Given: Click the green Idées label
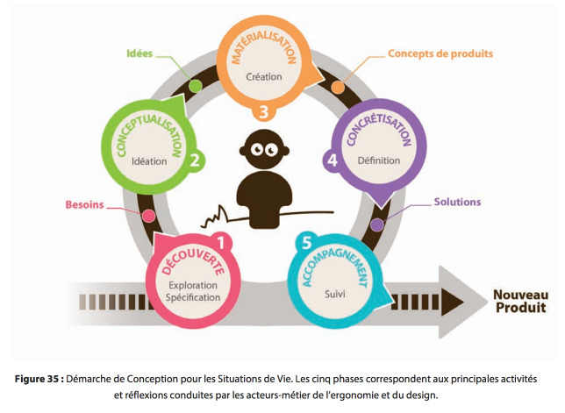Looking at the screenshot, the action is coord(139,53).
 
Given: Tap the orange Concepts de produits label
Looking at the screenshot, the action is coord(440,53).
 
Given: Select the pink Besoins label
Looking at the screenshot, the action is coord(85,204).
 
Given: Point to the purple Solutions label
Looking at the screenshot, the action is coord(457,202).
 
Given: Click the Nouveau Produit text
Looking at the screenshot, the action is coord(520,301).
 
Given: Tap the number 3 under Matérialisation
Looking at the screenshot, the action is coord(264,111).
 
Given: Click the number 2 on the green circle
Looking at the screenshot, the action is coord(195,160).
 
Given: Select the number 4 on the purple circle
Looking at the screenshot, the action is coord(333,160).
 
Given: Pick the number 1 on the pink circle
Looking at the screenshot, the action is coord(221,242).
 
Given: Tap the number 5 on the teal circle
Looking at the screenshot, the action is coord(306,243).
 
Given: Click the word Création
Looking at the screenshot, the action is coord(264,76).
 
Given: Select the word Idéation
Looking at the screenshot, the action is coord(149,161).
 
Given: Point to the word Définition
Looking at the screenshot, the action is coord(379,160).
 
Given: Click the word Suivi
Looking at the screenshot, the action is coord(335,294).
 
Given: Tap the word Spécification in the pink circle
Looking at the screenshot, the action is coord(193,297).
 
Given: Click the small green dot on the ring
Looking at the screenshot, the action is coord(196,86).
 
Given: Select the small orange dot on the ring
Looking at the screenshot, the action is coord(338,87).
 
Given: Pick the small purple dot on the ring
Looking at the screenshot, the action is coord(377,224).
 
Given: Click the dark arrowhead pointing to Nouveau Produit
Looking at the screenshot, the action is coord(452,303).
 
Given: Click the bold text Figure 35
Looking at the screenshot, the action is coord(39,379).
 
